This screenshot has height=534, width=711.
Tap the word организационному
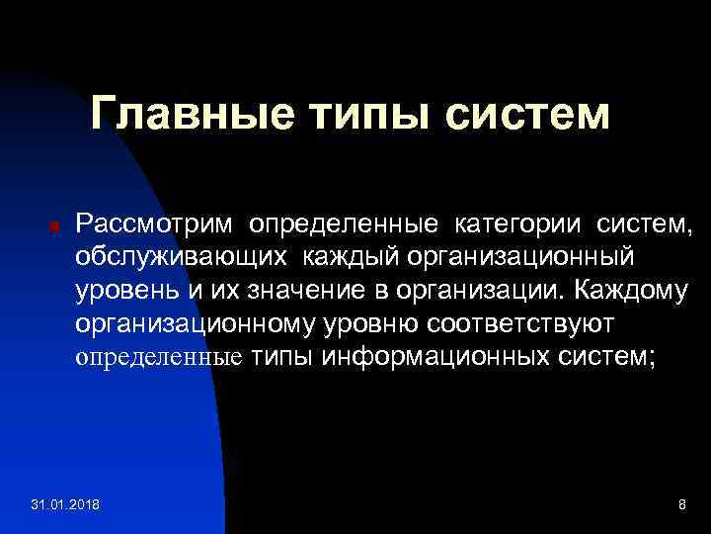coord(199,323)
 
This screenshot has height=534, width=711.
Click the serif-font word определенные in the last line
coord(159,356)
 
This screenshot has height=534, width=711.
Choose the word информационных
coord(434,356)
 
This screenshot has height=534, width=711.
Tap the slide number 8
coord(681,505)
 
